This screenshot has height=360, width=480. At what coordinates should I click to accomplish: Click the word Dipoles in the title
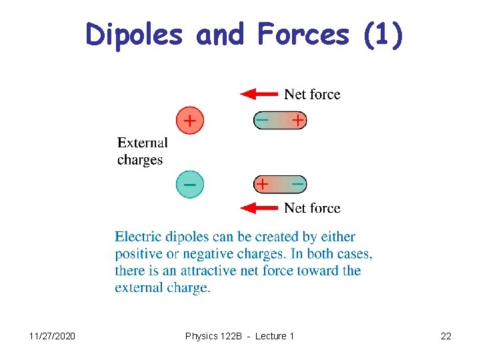(x=134, y=35)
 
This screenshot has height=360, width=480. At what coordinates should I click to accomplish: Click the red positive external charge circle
(x=190, y=121)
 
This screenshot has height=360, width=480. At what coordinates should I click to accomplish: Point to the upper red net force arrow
(x=259, y=94)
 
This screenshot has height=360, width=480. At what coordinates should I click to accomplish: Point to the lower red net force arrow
(x=259, y=208)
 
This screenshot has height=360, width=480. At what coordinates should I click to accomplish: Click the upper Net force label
(x=312, y=95)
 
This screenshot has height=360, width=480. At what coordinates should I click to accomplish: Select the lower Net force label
(x=312, y=208)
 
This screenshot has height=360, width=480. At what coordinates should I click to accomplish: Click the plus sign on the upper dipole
(x=297, y=121)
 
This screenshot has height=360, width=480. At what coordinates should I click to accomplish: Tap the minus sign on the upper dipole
(x=263, y=121)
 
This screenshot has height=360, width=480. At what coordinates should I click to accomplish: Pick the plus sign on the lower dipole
(x=263, y=183)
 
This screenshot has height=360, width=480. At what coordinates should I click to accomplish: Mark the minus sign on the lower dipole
(x=298, y=183)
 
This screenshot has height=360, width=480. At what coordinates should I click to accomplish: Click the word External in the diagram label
(x=142, y=143)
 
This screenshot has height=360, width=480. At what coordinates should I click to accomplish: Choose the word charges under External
(x=140, y=160)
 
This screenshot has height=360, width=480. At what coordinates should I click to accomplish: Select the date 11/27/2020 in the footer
(x=53, y=336)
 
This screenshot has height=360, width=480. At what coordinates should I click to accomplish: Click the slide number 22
(x=446, y=336)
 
